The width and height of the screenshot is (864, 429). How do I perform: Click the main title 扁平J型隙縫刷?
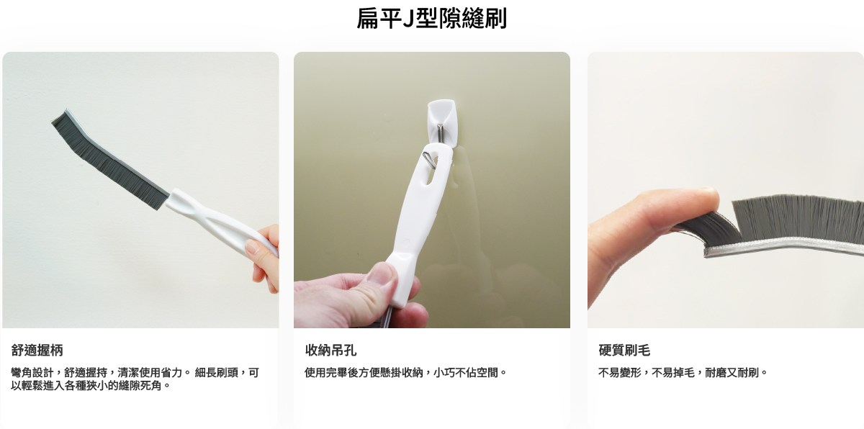pyautogui.click(x=431, y=18)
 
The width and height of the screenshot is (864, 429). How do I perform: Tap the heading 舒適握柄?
pyautogui.click(x=37, y=350)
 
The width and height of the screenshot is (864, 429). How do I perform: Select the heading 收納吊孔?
pyautogui.click(x=330, y=350)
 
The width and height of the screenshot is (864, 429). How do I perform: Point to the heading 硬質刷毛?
pyautogui.click(x=624, y=350)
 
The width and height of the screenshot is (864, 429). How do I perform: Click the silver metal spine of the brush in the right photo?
pyautogui.click(x=783, y=248)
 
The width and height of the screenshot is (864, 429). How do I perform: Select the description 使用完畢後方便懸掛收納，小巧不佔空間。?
pyautogui.click(x=405, y=373)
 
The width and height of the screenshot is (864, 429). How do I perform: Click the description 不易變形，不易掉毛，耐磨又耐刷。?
pyautogui.click(x=683, y=373)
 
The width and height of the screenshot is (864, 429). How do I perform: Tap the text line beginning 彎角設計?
pyautogui.click(x=135, y=373)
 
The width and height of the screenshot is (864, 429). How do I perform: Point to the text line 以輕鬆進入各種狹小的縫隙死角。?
pyautogui.click(x=91, y=385)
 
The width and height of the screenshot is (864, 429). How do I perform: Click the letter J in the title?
pyautogui.click(x=408, y=19)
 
